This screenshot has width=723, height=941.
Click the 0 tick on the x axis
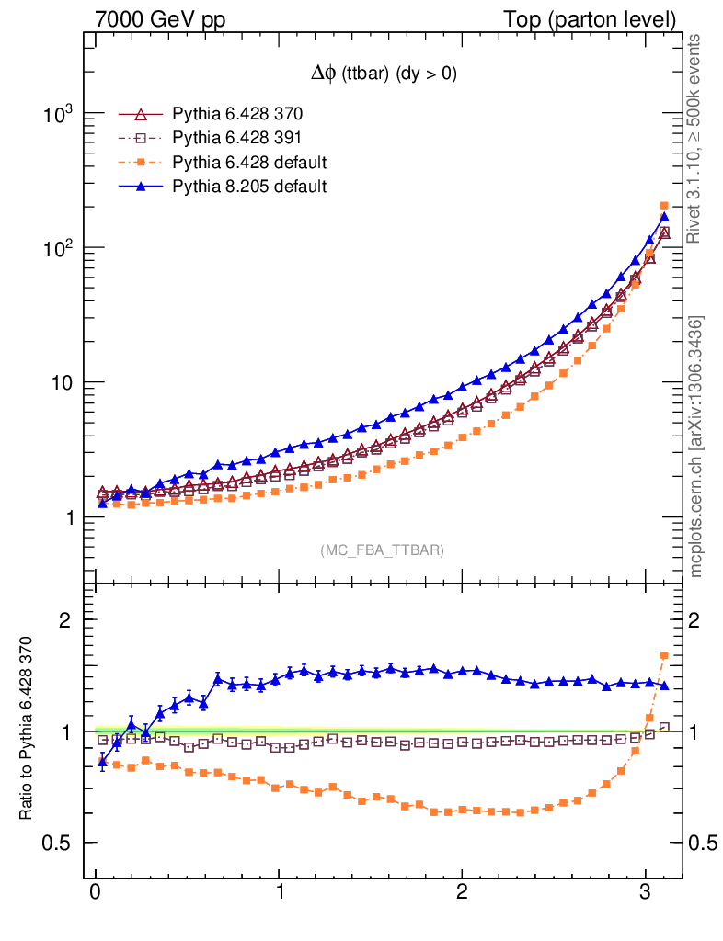pos(96,892)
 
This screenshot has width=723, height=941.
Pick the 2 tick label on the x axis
pos(462,892)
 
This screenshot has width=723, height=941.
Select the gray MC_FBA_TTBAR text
pos(383,550)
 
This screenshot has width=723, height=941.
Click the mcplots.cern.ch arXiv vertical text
pos(697,447)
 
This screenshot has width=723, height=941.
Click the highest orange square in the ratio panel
pos(664,655)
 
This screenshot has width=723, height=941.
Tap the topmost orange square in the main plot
pos(664,206)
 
